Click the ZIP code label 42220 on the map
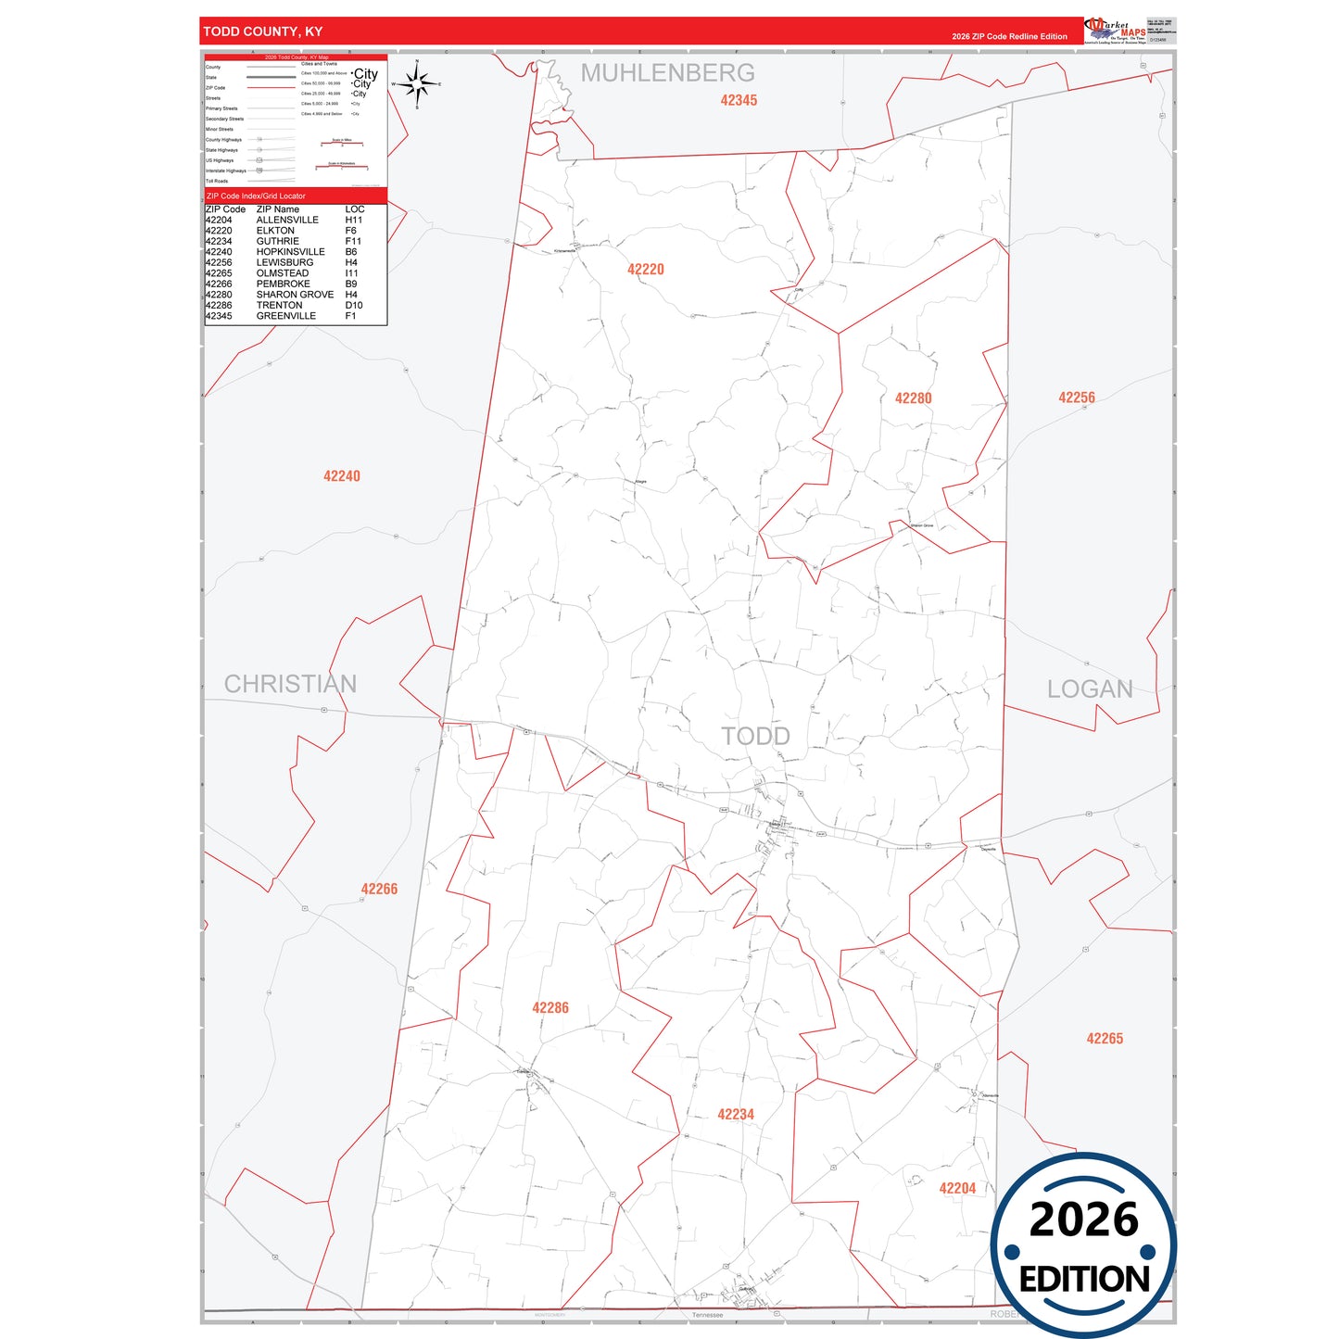tap(645, 270)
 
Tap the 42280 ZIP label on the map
tap(913, 398)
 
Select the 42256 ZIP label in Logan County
tap(1076, 398)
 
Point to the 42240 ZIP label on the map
tap(341, 476)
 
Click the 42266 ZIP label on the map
tap(379, 890)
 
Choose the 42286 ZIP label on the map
tap(549, 1008)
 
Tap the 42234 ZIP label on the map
tap(735, 1115)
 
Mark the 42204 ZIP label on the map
tap(957, 1189)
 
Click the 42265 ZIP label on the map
tap(1104, 1039)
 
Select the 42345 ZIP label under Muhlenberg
tap(739, 101)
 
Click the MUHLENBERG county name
tap(667, 73)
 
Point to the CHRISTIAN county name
tap(290, 684)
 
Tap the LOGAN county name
tap(1090, 689)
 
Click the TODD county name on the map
tap(755, 737)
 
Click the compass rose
tap(417, 84)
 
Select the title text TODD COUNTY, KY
tap(263, 32)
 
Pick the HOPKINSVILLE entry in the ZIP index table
tap(290, 252)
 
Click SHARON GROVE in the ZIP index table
tap(295, 295)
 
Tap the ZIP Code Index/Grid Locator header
tap(256, 196)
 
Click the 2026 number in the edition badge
tap(1083, 1219)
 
